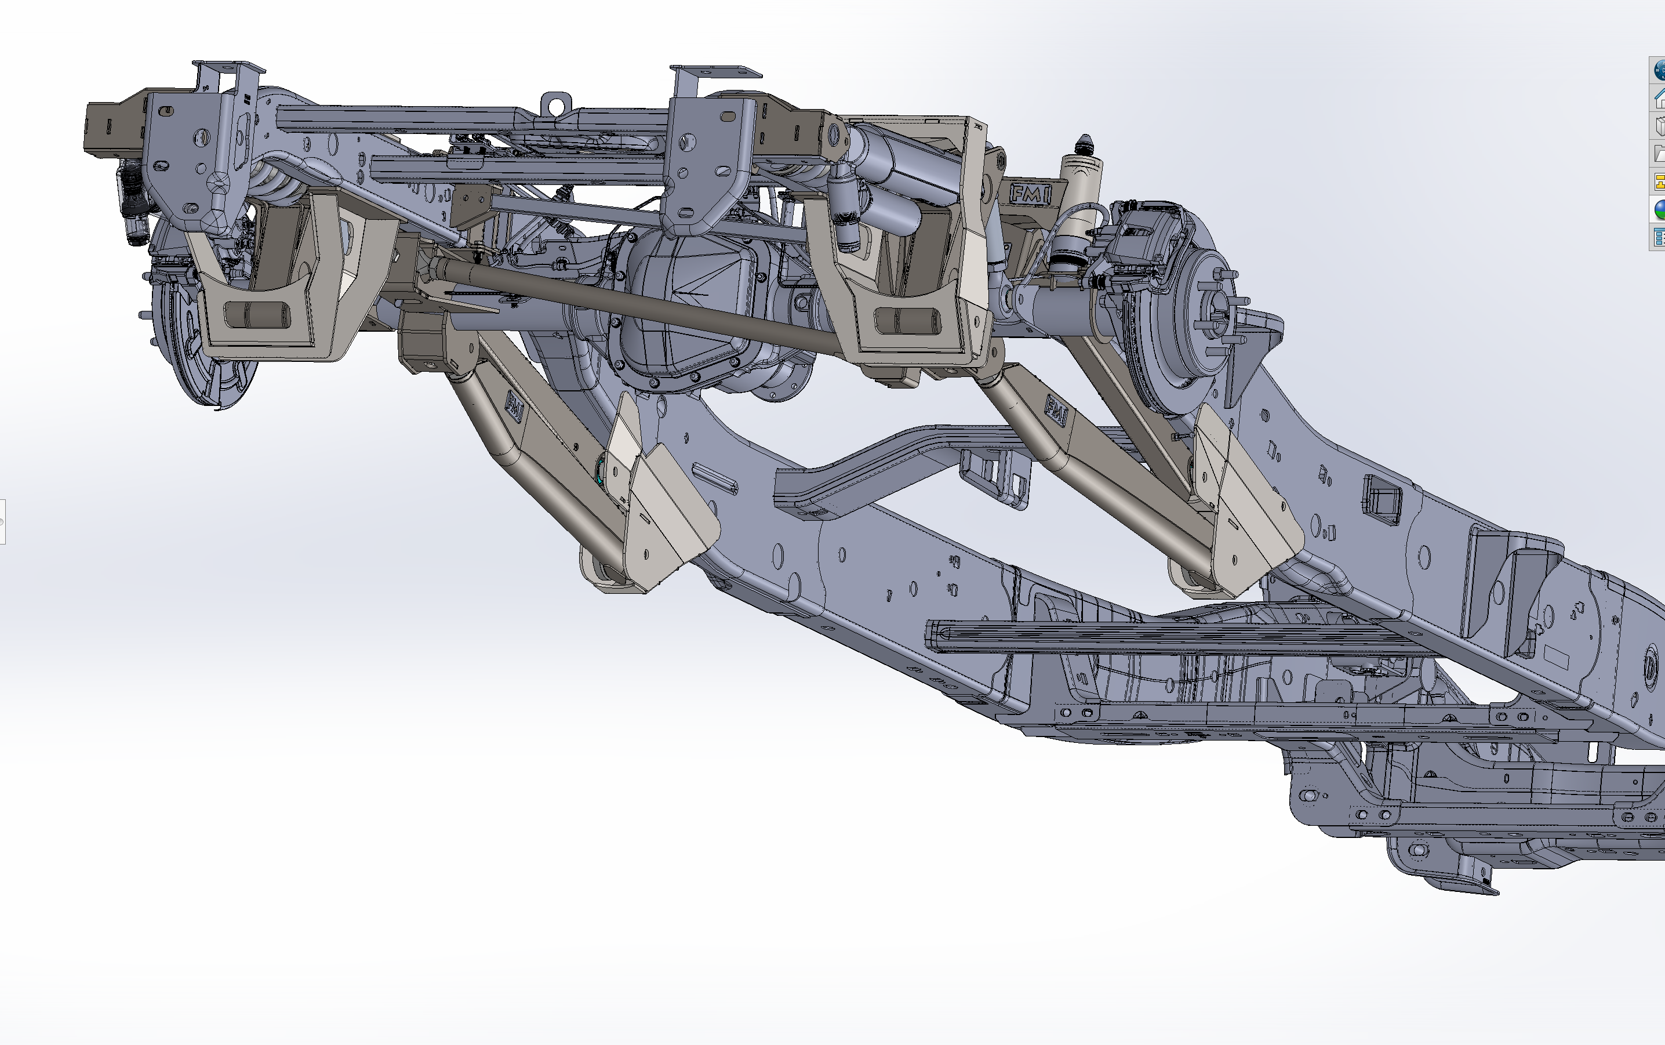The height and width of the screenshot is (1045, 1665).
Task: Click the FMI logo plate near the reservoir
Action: (x=1030, y=194)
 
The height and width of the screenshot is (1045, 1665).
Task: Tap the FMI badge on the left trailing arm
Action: (x=515, y=407)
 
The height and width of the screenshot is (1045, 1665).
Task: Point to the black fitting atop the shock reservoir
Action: (x=1085, y=145)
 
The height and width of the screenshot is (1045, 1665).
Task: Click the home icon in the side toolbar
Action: (x=1658, y=99)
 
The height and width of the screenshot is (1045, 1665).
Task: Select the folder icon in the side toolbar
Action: (x=1658, y=154)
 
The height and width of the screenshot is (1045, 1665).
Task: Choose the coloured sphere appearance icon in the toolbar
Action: (x=1658, y=209)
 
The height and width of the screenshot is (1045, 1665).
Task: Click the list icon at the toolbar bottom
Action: (x=1658, y=237)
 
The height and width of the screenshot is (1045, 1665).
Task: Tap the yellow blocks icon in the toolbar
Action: (x=1658, y=182)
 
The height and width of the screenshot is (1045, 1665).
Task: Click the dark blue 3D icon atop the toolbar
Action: (x=1658, y=70)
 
